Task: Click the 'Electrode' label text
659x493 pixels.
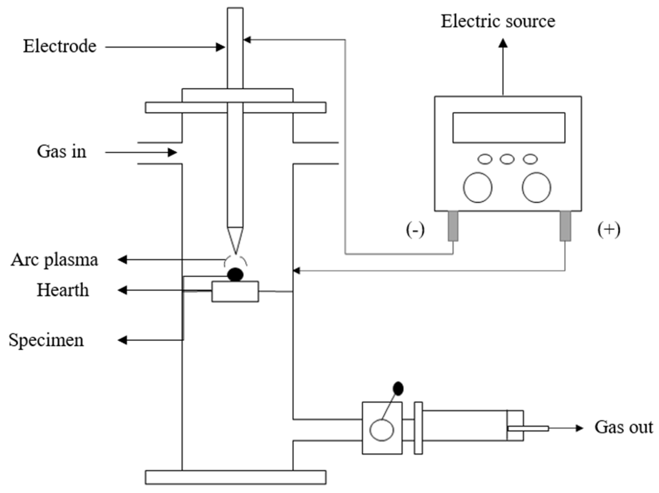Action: pos(60,46)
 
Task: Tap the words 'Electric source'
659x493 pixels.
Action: pos(498,21)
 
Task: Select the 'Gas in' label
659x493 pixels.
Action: pos(62,152)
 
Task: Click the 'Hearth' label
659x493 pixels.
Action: pos(63,290)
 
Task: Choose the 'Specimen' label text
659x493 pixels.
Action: pos(46,340)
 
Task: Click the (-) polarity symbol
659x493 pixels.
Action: pos(415,230)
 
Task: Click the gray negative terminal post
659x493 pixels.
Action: pos(453,226)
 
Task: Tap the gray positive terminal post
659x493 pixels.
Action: pos(565,226)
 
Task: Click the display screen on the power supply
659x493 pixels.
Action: pos(509,127)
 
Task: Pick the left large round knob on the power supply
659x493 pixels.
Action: pos(477,188)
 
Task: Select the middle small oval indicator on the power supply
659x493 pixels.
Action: pos(507,159)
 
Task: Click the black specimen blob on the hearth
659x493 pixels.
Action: pos(235,274)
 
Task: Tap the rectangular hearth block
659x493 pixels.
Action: pos(235,292)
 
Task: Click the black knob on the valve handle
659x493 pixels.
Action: pos(398,389)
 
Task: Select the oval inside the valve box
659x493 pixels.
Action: pos(381,430)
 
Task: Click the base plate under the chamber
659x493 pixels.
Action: pos(235,477)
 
